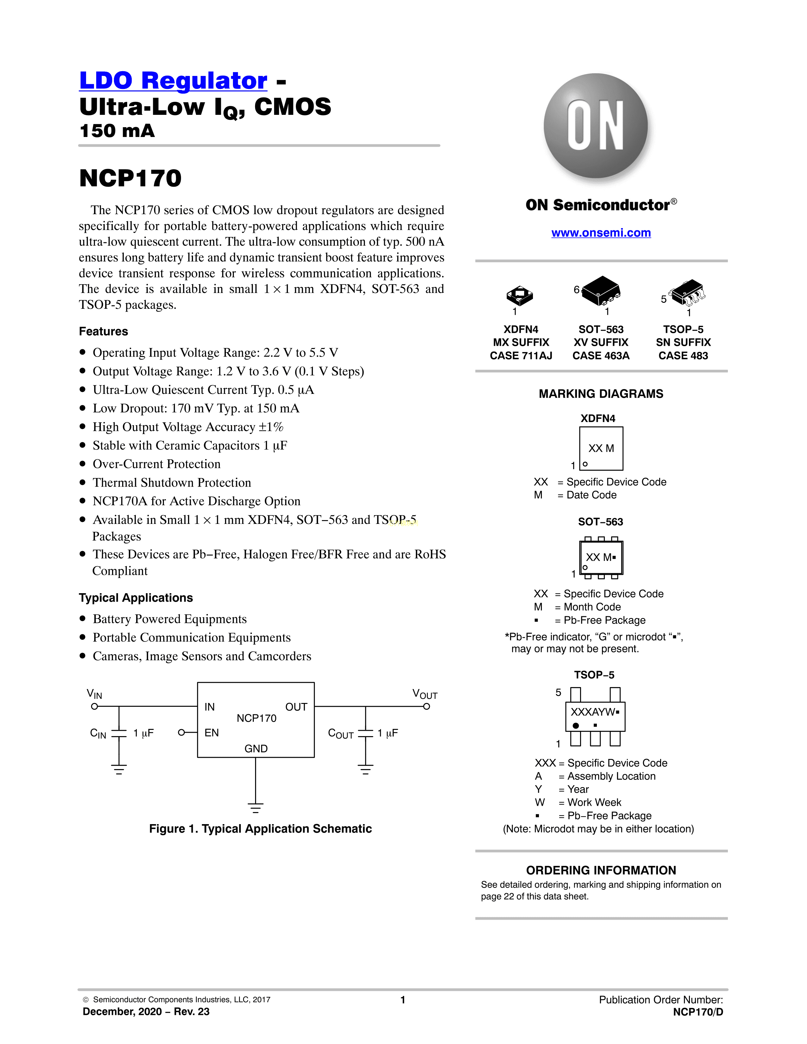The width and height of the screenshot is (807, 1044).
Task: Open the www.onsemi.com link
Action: coord(601,233)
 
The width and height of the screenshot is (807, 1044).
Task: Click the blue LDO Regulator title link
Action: coord(173,80)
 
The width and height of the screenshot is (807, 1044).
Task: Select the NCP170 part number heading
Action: coord(130,178)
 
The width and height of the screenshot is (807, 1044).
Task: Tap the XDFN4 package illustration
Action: coord(520,295)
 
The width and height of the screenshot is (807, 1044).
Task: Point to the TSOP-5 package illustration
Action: coord(687,293)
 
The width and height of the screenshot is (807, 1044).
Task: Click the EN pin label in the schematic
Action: coord(211,733)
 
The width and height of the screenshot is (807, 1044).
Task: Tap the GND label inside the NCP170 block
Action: coord(256,749)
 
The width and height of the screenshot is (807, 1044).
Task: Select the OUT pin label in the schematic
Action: coord(296,707)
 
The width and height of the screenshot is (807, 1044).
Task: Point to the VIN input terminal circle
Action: coord(95,706)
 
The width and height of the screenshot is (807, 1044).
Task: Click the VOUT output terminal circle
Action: coord(427,706)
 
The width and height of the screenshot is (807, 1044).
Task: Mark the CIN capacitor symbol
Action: coord(119,733)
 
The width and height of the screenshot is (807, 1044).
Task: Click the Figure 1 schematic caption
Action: coord(260,829)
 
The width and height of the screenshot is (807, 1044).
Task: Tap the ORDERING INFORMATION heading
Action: coord(601,870)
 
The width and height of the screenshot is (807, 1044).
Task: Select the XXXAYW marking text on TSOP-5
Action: coord(593,712)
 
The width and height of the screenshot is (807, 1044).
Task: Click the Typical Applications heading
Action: coord(136,598)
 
